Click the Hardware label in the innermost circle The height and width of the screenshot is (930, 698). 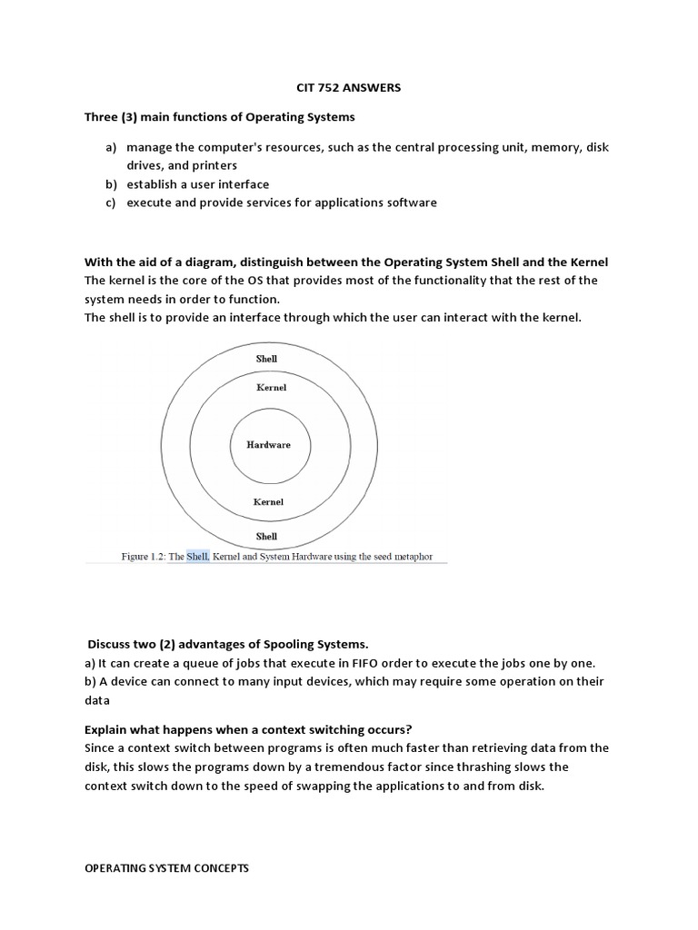[x=269, y=445]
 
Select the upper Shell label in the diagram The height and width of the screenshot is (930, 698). [x=266, y=359]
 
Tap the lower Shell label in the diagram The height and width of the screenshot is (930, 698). [x=266, y=536]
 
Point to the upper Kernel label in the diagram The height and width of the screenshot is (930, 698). [x=271, y=388]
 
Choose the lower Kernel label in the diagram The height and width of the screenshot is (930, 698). [x=268, y=501]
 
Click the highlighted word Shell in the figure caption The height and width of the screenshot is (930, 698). [x=198, y=556]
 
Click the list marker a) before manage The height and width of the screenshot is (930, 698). [x=111, y=147]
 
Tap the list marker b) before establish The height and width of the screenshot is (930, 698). [x=111, y=184]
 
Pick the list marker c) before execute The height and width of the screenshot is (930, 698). [x=111, y=203]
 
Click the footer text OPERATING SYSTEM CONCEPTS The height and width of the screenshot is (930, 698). [x=166, y=868]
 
